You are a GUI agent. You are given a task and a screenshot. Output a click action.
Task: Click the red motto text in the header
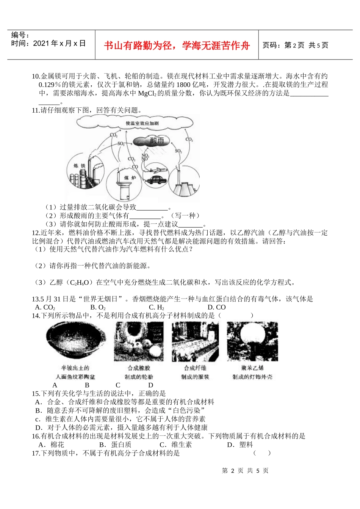click(177, 46)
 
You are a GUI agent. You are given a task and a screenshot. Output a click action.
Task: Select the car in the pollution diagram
click(156, 180)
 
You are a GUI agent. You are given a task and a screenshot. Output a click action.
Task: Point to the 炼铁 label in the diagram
click(80, 165)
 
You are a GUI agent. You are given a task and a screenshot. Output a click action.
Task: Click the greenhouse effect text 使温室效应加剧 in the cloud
click(142, 123)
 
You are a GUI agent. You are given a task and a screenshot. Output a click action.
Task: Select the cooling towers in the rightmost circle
click(183, 187)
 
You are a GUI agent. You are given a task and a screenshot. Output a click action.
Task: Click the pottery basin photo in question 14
click(76, 341)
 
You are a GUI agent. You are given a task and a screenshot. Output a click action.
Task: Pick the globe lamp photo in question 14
click(252, 341)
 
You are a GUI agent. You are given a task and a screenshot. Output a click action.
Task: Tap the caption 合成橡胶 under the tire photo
click(139, 368)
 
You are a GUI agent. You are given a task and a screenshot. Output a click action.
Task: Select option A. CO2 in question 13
click(45, 307)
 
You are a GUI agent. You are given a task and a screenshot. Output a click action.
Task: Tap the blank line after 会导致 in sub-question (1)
click(152, 207)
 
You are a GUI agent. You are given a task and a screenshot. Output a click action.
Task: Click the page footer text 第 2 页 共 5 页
click(245, 471)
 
